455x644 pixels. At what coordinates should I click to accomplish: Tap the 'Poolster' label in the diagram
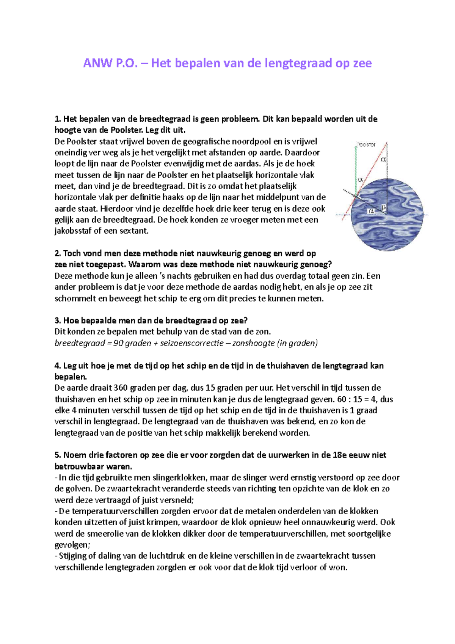(x=366, y=145)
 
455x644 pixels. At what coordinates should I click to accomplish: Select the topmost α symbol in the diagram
(x=384, y=160)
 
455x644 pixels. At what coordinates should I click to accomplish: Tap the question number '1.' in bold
(x=58, y=119)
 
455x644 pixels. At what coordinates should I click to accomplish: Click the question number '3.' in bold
(x=58, y=320)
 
